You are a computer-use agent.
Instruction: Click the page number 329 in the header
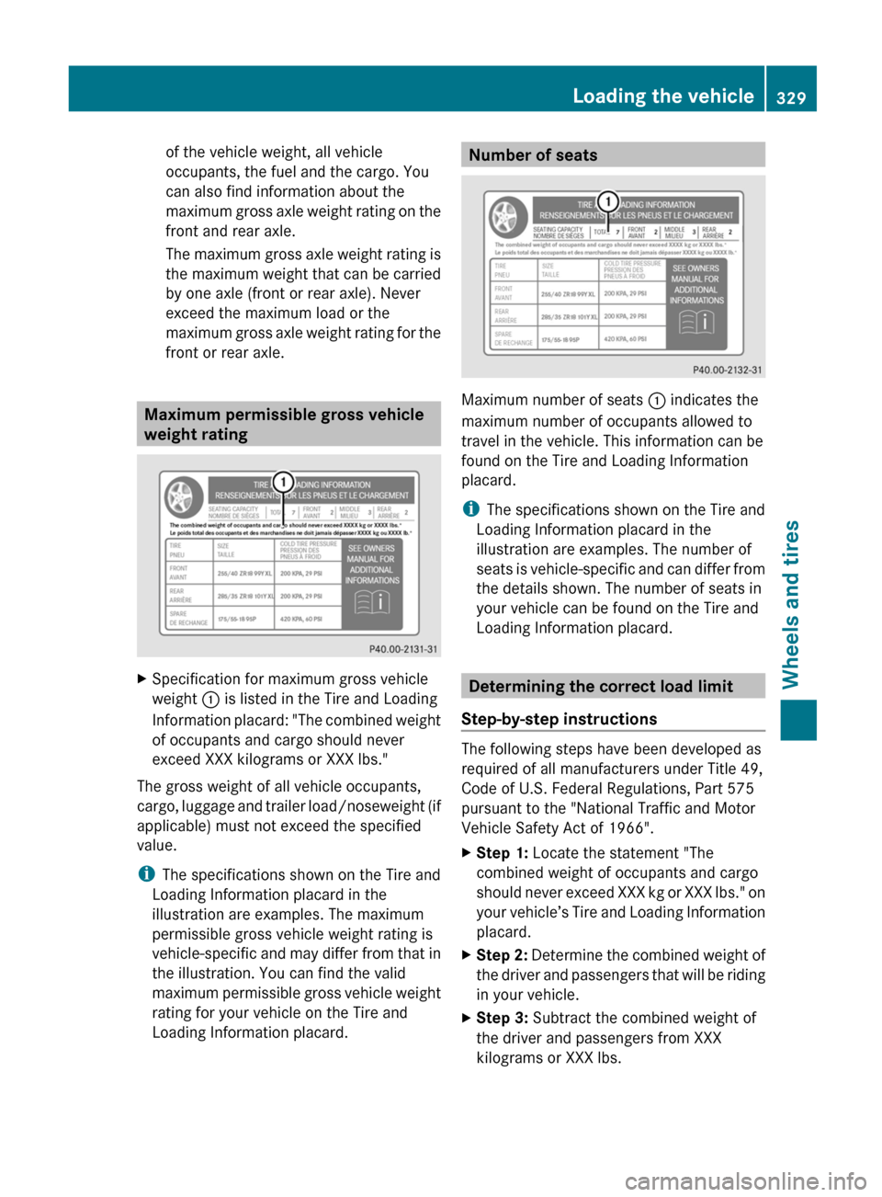pyautogui.click(x=790, y=97)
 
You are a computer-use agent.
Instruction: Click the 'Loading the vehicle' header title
pyautogui.click(x=662, y=96)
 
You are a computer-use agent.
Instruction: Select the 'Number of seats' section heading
pyautogui.click(x=533, y=155)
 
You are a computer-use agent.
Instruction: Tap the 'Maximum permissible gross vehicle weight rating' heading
pyautogui.click(x=284, y=424)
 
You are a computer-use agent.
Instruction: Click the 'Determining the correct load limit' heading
pyautogui.click(x=601, y=686)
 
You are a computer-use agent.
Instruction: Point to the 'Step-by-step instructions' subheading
pyautogui.click(x=559, y=719)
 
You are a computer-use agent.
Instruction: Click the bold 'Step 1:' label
pyautogui.click(x=502, y=853)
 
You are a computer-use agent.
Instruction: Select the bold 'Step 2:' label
pyautogui.click(x=502, y=955)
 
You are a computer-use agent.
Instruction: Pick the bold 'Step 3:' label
pyautogui.click(x=502, y=1018)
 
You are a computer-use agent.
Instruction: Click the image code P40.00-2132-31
pyautogui.click(x=727, y=370)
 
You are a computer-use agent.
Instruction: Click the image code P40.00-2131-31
pyautogui.click(x=403, y=649)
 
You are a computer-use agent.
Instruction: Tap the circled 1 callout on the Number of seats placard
pyautogui.click(x=607, y=201)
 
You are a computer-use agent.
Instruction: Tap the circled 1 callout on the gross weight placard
pyautogui.click(x=283, y=482)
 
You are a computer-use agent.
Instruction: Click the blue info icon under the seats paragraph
pyautogui.click(x=470, y=509)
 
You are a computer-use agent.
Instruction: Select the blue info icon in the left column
pyautogui.click(x=146, y=874)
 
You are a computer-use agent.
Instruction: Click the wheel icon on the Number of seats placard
pyautogui.click(x=504, y=217)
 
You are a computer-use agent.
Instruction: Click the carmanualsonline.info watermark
pyautogui.click(x=745, y=1180)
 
